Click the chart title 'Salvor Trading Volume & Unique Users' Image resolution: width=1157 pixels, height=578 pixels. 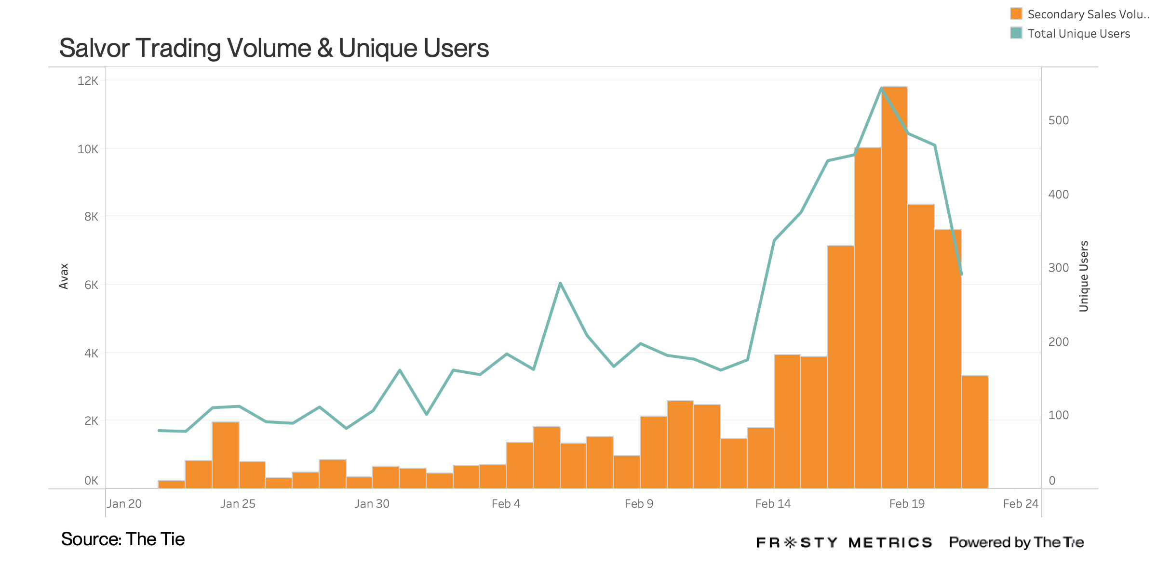tap(274, 48)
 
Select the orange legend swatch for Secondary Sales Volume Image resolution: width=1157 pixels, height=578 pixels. tap(1016, 13)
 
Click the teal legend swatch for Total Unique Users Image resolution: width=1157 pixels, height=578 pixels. tap(1016, 33)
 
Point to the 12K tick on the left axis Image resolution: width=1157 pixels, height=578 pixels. tap(88, 81)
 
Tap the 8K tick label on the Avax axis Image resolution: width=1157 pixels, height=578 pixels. tap(91, 217)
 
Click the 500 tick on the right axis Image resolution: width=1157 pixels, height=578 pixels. tap(1059, 120)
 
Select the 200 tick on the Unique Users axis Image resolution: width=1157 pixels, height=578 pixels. tap(1059, 342)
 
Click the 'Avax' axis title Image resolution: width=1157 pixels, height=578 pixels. tap(64, 276)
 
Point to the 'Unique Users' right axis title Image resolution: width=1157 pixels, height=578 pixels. tap(1084, 276)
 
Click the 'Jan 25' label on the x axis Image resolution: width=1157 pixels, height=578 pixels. tap(238, 504)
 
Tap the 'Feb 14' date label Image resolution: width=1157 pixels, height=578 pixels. tap(773, 504)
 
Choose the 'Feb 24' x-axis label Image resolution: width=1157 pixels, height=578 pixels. tap(1021, 504)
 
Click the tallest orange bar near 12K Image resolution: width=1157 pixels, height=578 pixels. tap(894, 289)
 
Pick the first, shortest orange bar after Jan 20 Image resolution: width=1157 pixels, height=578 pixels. tap(172, 485)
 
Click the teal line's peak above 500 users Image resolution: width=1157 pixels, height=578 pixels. tap(881, 88)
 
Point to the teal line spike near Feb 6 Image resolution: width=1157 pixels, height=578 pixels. tap(560, 283)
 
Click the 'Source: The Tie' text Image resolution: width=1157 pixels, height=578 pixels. tap(123, 539)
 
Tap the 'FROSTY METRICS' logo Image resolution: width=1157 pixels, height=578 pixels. tap(844, 543)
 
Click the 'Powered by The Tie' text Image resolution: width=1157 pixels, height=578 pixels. tap(1016, 542)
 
